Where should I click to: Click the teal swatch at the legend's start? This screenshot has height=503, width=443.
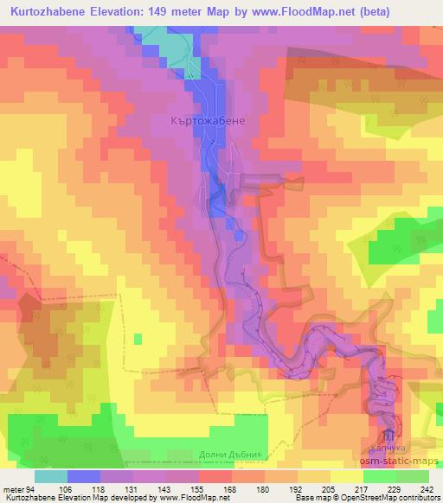point(51,475)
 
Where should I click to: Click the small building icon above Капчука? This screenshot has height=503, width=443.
point(389,435)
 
